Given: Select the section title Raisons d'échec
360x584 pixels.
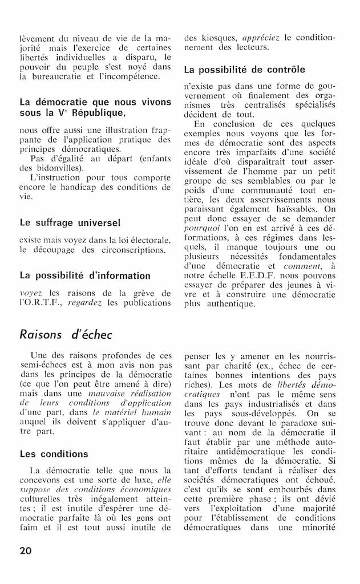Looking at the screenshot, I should (66, 335).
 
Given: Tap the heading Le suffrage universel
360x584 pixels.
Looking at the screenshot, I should (70, 222).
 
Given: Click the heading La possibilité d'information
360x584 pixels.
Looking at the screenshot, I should (85, 275).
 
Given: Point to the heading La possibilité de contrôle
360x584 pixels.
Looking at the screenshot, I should (244, 70).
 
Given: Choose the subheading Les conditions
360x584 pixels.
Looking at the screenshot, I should (54, 454).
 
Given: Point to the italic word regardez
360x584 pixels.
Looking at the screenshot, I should (86, 303).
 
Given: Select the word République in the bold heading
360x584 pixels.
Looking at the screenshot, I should (92, 113).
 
